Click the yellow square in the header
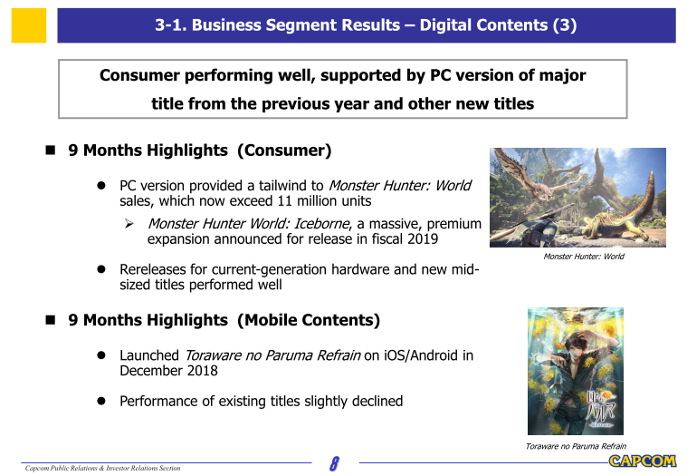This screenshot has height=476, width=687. (29, 25)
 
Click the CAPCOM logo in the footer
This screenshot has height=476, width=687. (643, 461)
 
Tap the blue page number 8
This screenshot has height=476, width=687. (334, 463)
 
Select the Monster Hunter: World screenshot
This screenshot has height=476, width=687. (577, 198)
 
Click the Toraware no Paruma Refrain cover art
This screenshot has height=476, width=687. (576, 371)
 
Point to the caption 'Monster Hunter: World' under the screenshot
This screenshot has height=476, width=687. (584, 257)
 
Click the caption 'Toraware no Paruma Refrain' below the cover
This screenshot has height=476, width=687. (576, 446)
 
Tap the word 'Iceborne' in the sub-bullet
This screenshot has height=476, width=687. (321, 224)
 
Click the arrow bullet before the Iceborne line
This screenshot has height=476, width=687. (129, 224)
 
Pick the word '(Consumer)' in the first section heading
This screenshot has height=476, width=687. (284, 151)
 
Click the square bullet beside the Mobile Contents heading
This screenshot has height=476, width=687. (51, 320)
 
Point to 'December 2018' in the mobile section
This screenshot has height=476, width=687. (168, 371)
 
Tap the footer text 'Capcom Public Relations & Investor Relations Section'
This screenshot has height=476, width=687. (102, 468)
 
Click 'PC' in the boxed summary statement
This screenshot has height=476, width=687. (440, 75)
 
